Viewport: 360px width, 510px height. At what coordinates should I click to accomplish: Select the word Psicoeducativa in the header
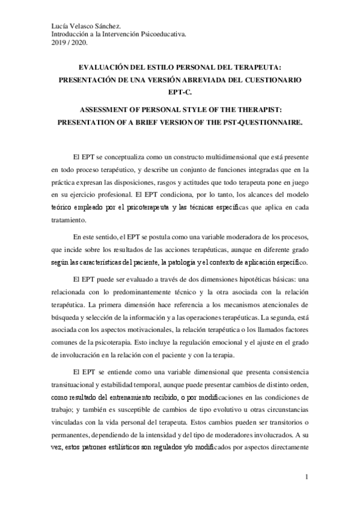pyautogui.click(x=162, y=34)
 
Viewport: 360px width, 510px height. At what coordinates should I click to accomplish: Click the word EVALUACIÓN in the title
pyautogui.click(x=108, y=69)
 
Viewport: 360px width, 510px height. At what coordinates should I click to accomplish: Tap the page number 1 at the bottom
pyautogui.click(x=306, y=478)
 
